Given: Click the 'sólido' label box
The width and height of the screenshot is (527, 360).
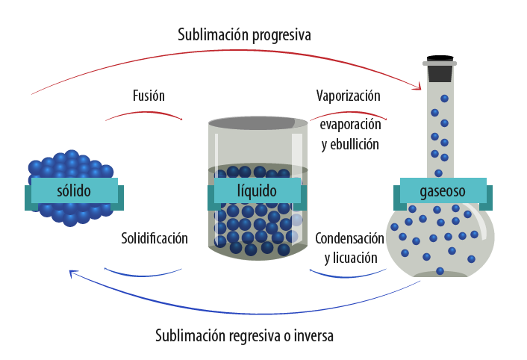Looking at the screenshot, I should pyautogui.click(x=74, y=191).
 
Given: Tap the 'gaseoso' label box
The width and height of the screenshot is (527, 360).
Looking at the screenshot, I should pyautogui.click(x=443, y=191).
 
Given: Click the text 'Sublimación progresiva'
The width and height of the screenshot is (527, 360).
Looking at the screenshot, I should pyautogui.click(x=244, y=34).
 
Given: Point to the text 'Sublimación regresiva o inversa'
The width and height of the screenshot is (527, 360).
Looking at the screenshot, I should pyautogui.click(x=244, y=335).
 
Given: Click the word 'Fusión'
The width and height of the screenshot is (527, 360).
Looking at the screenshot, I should pyautogui.click(x=149, y=96).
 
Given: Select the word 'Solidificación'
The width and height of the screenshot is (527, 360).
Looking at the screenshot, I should pyautogui.click(x=155, y=238).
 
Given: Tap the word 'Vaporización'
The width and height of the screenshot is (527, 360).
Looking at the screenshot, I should pyautogui.click(x=348, y=96).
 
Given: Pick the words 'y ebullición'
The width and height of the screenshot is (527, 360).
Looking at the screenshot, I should pyautogui.click(x=350, y=144).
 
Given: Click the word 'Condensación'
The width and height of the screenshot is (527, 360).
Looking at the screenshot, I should pyautogui.click(x=349, y=238).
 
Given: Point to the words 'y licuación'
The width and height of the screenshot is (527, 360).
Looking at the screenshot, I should pyautogui.click(x=350, y=258).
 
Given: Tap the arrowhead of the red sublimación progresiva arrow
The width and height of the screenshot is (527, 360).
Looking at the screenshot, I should pyautogui.click(x=419, y=88).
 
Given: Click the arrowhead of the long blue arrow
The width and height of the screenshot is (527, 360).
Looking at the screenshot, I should pyautogui.click(x=72, y=274).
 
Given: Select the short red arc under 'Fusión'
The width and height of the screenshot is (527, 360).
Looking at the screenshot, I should pyautogui.click(x=144, y=114).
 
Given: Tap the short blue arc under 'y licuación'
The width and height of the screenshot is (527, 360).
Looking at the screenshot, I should pyautogui.click(x=347, y=275).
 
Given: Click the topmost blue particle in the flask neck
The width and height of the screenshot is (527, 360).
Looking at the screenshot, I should pyautogui.click(x=444, y=99).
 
